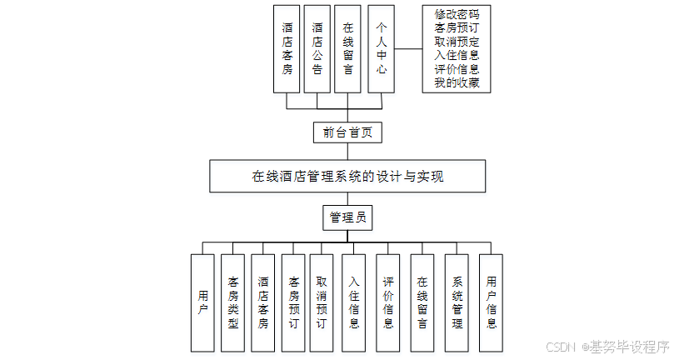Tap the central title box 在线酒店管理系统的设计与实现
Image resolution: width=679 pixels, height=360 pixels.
coord(347,177)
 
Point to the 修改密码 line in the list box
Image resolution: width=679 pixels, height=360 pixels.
coord(457,15)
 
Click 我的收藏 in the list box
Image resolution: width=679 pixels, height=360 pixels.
coord(457,82)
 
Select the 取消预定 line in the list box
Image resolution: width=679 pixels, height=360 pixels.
coord(457,42)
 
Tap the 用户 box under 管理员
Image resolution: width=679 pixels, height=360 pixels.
coord(203,302)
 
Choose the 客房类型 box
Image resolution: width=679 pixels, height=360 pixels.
coord(233,302)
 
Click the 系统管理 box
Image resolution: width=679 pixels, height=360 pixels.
coord(457,302)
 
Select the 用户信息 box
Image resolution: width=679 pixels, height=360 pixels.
coord(491,302)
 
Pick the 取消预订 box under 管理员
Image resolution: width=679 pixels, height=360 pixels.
coord(322,302)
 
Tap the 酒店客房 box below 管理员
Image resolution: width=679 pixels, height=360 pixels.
coord(263,302)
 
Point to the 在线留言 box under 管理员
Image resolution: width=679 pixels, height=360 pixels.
coord(422,302)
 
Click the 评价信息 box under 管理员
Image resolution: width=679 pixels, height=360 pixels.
coord(388,302)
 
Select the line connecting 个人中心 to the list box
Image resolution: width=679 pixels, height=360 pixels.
coord(407,48)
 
